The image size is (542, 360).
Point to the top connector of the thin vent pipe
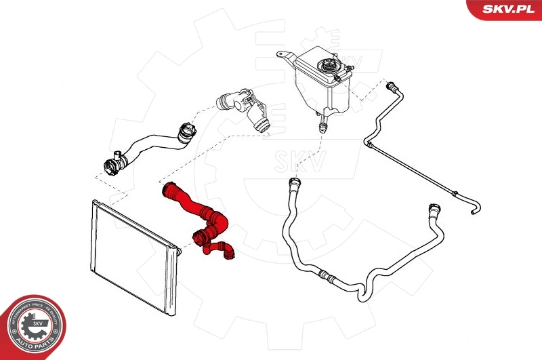point(391,87)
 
